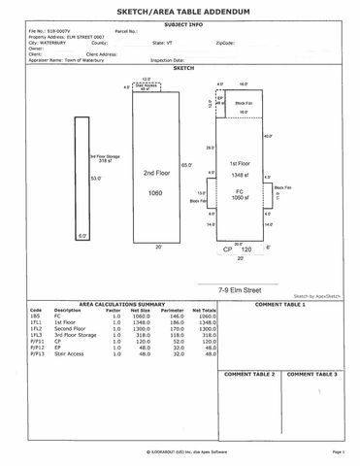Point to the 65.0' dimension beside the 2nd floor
[x=186, y=167]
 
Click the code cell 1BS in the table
[x=35, y=316]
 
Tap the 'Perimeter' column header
[x=175, y=311]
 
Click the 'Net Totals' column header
[x=203, y=311]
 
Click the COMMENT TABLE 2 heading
[x=249, y=373]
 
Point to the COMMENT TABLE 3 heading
[x=311, y=373]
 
